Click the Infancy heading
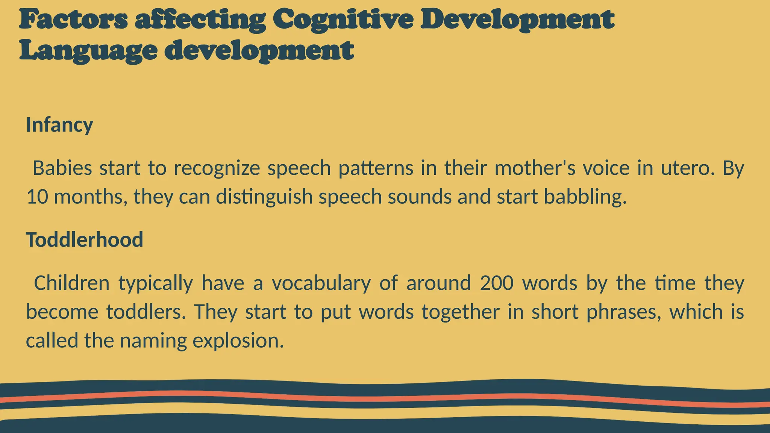coord(59,125)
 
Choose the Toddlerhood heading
coord(85,239)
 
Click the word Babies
coord(62,168)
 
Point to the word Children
coord(71,283)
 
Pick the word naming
coord(153,341)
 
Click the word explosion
coord(238,341)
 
